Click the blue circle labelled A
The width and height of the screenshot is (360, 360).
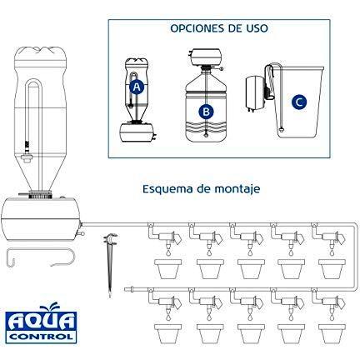point(137,87)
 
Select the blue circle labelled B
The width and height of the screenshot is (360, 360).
point(206,112)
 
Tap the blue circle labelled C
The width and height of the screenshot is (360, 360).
point(299,102)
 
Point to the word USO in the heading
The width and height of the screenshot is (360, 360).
point(256,28)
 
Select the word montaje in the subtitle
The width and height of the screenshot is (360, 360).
point(237,189)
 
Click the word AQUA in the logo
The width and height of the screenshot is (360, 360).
point(41,322)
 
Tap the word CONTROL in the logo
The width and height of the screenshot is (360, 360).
point(42,337)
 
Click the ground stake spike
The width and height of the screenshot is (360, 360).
point(110,263)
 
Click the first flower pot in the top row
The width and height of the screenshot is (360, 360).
point(167,269)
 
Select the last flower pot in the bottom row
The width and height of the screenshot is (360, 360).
point(332,333)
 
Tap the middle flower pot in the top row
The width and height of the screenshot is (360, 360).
point(251,269)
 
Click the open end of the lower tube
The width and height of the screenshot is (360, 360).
point(126,290)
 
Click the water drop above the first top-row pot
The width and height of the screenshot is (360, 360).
point(167,253)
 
